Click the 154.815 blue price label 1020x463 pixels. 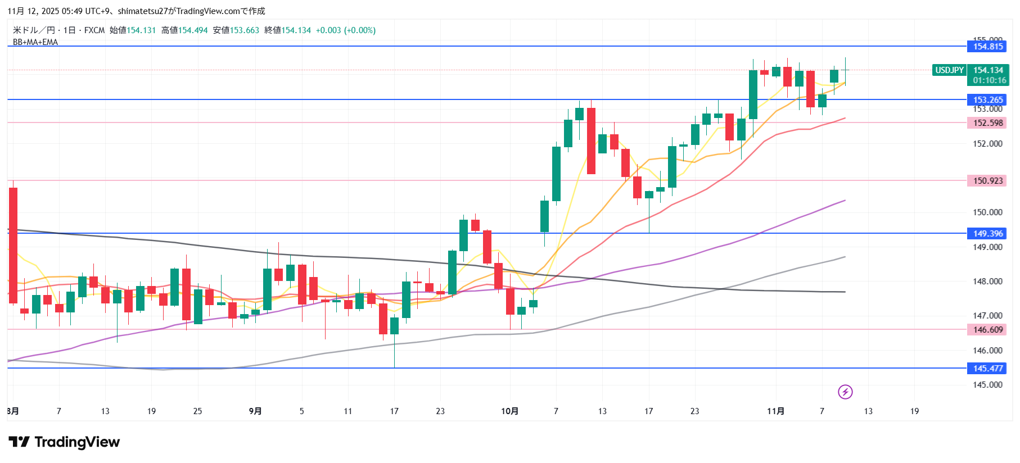pyautogui.click(x=987, y=47)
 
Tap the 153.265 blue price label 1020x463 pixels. pyautogui.click(x=987, y=100)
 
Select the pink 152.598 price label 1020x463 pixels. pyautogui.click(x=987, y=123)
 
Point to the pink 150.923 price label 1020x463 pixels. pyautogui.click(x=987, y=181)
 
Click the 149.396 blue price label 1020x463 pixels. pyautogui.click(x=987, y=234)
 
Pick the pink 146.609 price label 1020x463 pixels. pyautogui.click(x=987, y=330)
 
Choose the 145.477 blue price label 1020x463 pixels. pyautogui.click(x=987, y=369)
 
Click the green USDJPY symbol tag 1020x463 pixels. pyautogui.click(x=949, y=70)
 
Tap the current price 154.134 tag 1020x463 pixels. pyautogui.click(x=989, y=70)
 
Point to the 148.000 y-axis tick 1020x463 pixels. pyautogui.click(x=987, y=282)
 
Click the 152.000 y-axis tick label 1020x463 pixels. pyautogui.click(x=987, y=144)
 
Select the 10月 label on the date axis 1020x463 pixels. pyautogui.click(x=509, y=411)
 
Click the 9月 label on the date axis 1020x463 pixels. pyautogui.click(x=255, y=411)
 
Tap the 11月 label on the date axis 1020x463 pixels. pyautogui.click(x=775, y=411)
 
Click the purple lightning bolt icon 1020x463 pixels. pyautogui.click(x=845, y=392)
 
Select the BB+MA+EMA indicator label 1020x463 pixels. pyautogui.click(x=35, y=42)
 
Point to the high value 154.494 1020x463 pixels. pyautogui.click(x=193, y=30)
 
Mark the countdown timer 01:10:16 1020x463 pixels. pyautogui.click(x=990, y=80)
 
